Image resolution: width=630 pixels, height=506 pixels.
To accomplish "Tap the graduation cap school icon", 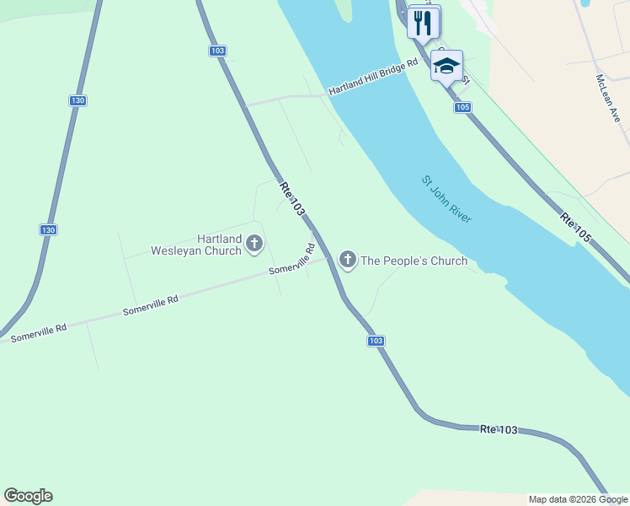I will pos(446,66).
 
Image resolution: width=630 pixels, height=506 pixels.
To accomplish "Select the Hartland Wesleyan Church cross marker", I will pos(254,245).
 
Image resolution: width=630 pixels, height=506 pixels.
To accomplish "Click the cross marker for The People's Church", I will pos(347,260).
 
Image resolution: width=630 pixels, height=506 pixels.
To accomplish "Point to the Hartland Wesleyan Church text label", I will pos(196,245).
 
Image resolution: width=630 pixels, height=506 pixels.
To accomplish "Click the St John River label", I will pos(446,200).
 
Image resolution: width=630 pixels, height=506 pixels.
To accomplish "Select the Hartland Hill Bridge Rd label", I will pos(373,77).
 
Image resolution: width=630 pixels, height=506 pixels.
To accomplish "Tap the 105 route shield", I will pos(462,107).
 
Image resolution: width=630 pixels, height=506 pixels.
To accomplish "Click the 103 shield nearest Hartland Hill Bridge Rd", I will pos(217,51).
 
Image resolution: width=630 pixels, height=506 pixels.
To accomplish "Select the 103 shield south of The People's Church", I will pos(376,341).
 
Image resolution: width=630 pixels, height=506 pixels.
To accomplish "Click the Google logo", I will pos(28,496).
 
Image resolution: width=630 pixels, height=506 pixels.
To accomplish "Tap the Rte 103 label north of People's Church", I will pos(291,200).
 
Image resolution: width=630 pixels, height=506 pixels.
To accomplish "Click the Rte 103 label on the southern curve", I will pos(499,430).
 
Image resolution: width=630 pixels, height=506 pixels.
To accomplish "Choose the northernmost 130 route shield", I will pos(77,100).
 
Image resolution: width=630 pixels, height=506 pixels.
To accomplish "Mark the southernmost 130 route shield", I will pos(48,229).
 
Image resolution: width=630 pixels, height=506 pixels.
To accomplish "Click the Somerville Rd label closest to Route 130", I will pos(38,332).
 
